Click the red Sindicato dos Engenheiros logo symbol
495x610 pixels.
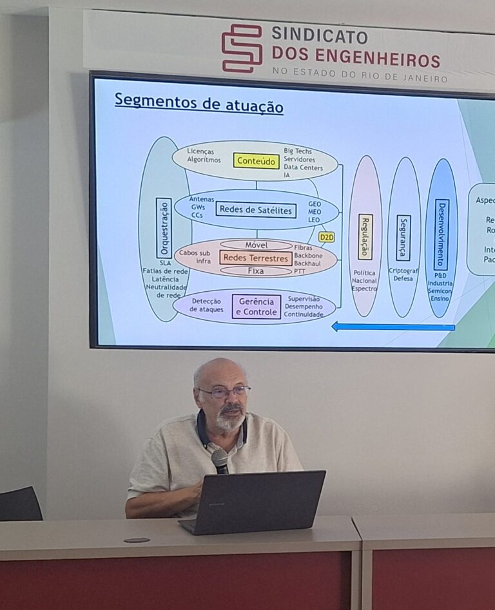(242, 48)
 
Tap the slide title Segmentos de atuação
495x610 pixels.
(199, 103)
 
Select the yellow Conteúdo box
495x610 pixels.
(256, 160)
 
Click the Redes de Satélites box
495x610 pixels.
(256, 209)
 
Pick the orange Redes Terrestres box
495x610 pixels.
(255, 258)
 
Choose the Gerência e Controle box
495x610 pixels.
(256, 307)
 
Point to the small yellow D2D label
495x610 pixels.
(327, 237)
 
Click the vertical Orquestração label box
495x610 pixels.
(164, 228)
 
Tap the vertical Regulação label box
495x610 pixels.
(365, 236)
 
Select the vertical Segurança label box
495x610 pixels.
(403, 238)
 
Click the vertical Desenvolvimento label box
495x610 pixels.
(442, 234)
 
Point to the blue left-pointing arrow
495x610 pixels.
(393, 327)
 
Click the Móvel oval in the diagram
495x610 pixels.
(256, 245)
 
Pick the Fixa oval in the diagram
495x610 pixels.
(256, 271)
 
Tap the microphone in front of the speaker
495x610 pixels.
(220, 459)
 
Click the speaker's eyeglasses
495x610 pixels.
(224, 392)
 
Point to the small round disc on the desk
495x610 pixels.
(136, 540)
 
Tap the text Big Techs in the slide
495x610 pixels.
(298, 151)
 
